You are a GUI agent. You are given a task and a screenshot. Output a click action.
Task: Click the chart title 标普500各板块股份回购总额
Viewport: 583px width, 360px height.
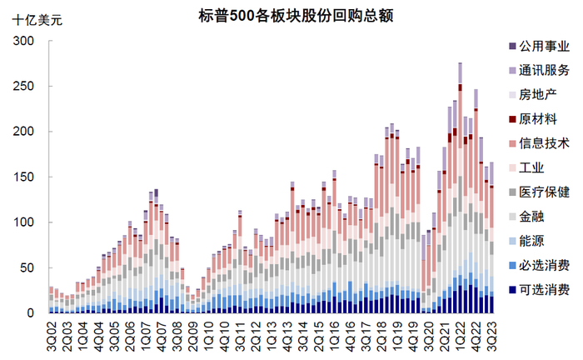pyautogui.click(x=307, y=16)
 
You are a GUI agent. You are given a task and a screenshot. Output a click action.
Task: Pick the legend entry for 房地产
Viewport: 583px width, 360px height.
pyautogui.click(x=537, y=96)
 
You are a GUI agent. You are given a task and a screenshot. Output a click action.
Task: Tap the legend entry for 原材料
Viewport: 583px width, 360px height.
pyautogui.click(x=537, y=120)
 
